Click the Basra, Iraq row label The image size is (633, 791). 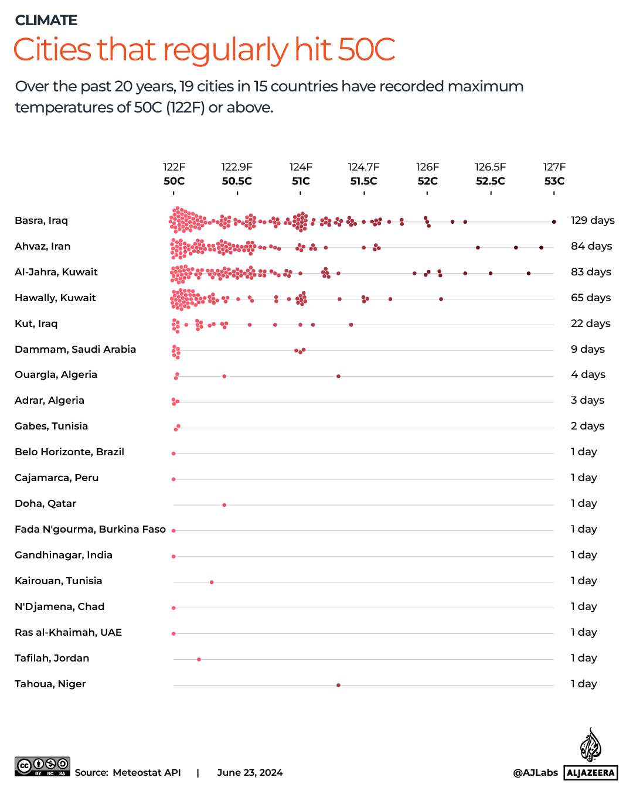point(42,220)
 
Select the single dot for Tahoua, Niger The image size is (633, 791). point(338,685)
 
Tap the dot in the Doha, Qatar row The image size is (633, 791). point(224,505)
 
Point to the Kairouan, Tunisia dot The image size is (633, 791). point(212,582)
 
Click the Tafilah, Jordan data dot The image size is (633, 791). point(199,660)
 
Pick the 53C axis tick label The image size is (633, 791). point(554,181)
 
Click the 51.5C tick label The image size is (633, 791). point(364,181)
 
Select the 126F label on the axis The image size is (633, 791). point(427,167)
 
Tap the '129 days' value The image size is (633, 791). point(593,220)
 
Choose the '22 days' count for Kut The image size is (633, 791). point(590,323)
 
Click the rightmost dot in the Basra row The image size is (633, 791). point(554,222)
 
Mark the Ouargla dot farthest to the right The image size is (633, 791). point(338,376)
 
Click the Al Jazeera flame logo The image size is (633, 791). point(590,745)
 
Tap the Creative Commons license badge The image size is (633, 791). point(42,766)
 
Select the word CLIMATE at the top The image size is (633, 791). point(46,21)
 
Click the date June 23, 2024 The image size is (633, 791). point(250,772)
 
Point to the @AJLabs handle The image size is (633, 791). point(535,772)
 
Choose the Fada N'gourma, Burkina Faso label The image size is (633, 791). point(90,529)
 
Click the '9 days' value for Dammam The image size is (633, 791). point(588,349)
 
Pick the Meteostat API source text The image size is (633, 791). point(147,772)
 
